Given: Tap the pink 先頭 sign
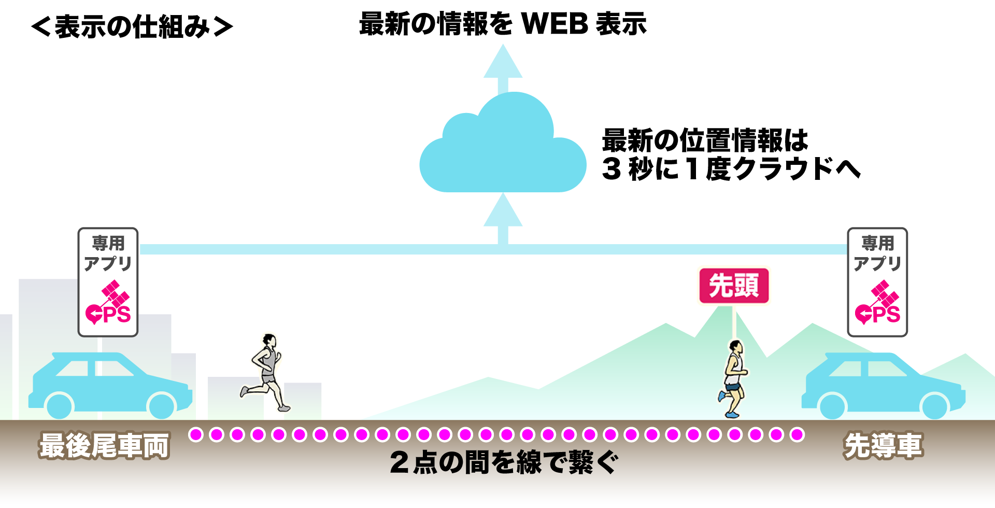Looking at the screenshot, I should pyautogui.click(x=734, y=286).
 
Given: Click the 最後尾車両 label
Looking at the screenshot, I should pyautogui.click(x=104, y=445).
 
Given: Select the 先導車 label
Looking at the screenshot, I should pyautogui.click(x=883, y=445).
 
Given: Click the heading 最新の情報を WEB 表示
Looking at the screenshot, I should pyautogui.click(x=503, y=24).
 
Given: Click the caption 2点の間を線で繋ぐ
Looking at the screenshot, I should pyautogui.click(x=504, y=462).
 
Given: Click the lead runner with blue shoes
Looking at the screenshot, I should pyautogui.click(x=734, y=378).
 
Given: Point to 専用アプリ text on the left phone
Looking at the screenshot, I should pyautogui.click(x=108, y=253).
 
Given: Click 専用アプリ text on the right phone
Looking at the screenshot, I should pyautogui.click(x=877, y=253).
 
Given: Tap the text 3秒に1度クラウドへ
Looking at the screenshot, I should pyautogui.click(x=731, y=169).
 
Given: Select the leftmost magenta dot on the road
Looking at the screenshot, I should pyautogui.click(x=196, y=434).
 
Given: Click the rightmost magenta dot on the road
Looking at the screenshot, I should pyautogui.click(x=797, y=434).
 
